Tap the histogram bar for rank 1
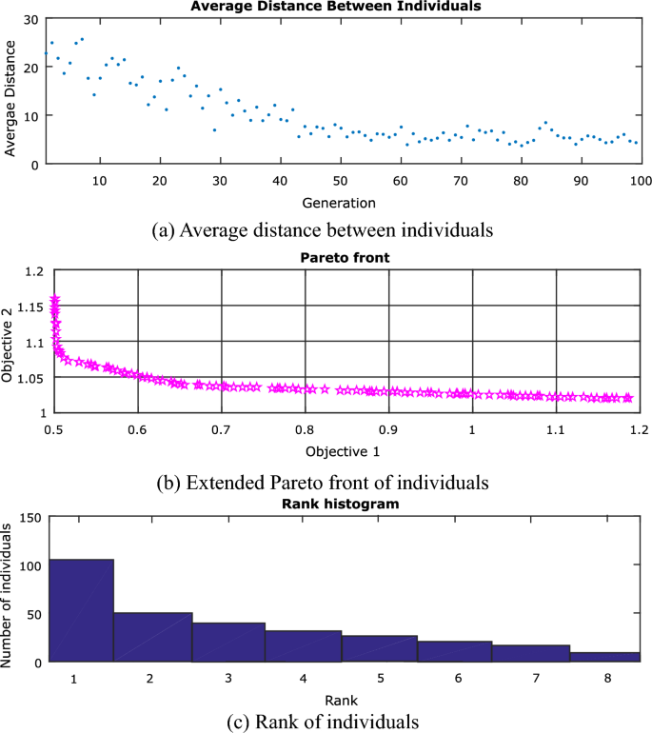81,610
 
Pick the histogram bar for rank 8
604,656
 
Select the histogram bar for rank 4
303,645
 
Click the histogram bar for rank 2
153,637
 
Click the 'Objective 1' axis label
343,448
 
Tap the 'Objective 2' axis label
10,343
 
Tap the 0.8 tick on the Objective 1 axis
306,428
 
